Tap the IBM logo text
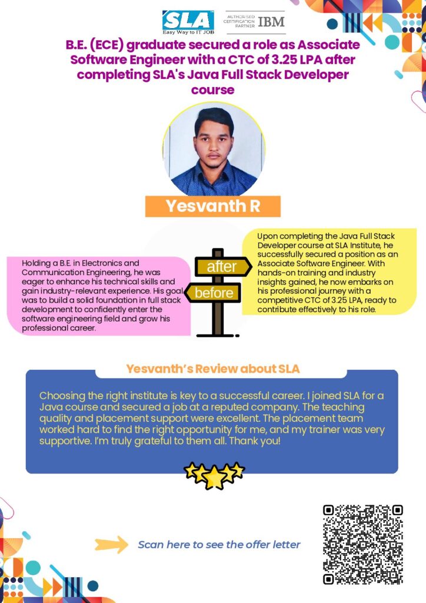271,22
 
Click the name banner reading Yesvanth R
212,206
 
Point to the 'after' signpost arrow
222,267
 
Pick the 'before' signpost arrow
213,293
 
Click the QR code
362,545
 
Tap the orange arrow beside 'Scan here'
111,545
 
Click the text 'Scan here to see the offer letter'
219,545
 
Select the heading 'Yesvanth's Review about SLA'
212,369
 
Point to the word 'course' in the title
212,90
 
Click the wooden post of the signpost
217,321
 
